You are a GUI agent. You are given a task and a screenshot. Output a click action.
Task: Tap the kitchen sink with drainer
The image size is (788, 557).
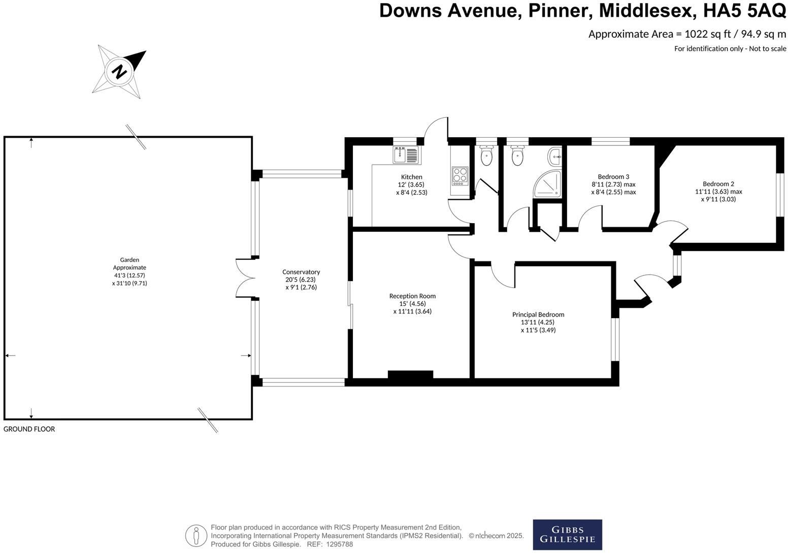[406, 154]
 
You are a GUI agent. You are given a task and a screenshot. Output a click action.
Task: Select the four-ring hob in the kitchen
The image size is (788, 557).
[460, 175]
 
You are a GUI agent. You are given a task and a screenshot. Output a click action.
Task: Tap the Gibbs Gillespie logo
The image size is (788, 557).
[567, 534]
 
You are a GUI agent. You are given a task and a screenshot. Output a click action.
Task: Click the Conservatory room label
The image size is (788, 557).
[301, 272]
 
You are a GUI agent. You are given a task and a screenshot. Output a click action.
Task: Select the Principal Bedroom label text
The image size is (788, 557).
[538, 315]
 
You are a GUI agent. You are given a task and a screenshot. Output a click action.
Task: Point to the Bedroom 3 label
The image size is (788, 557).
[613, 177]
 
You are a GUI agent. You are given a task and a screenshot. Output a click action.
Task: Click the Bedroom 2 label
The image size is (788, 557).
[718, 184]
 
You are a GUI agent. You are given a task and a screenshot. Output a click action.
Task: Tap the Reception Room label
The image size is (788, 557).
[412, 296]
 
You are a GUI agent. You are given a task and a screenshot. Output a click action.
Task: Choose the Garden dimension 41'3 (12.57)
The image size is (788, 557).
[129, 275]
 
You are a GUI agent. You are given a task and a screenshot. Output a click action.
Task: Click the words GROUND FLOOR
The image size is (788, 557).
[29, 429]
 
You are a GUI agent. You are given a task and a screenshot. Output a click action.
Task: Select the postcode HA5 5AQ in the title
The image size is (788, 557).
[744, 11]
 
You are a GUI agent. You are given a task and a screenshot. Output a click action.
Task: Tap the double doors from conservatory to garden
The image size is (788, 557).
[245, 277]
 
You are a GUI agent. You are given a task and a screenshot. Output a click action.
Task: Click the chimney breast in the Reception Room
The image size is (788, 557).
[410, 375]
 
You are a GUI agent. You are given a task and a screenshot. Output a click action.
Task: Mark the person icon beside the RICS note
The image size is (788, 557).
[196, 536]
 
